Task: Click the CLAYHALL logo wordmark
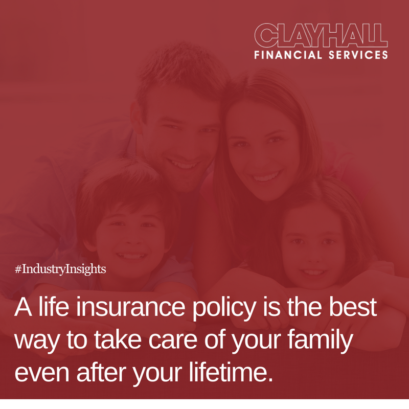click(x=321, y=36)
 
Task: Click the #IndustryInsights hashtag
click(x=60, y=269)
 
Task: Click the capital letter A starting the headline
click(x=24, y=308)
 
